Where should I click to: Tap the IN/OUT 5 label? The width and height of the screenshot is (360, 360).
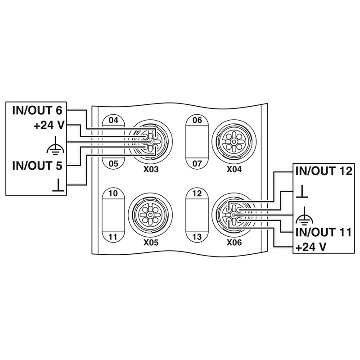click(37, 166)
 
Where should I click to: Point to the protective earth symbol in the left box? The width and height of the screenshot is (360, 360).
click(58, 145)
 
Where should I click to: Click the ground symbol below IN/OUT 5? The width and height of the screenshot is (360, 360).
click(58, 184)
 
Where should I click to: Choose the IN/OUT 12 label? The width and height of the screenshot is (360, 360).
click(323, 171)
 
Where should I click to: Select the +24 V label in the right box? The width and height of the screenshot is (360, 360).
click(310, 247)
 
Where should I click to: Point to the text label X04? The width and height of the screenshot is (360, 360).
click(234, 169)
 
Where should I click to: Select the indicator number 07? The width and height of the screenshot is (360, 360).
click(197, 163)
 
